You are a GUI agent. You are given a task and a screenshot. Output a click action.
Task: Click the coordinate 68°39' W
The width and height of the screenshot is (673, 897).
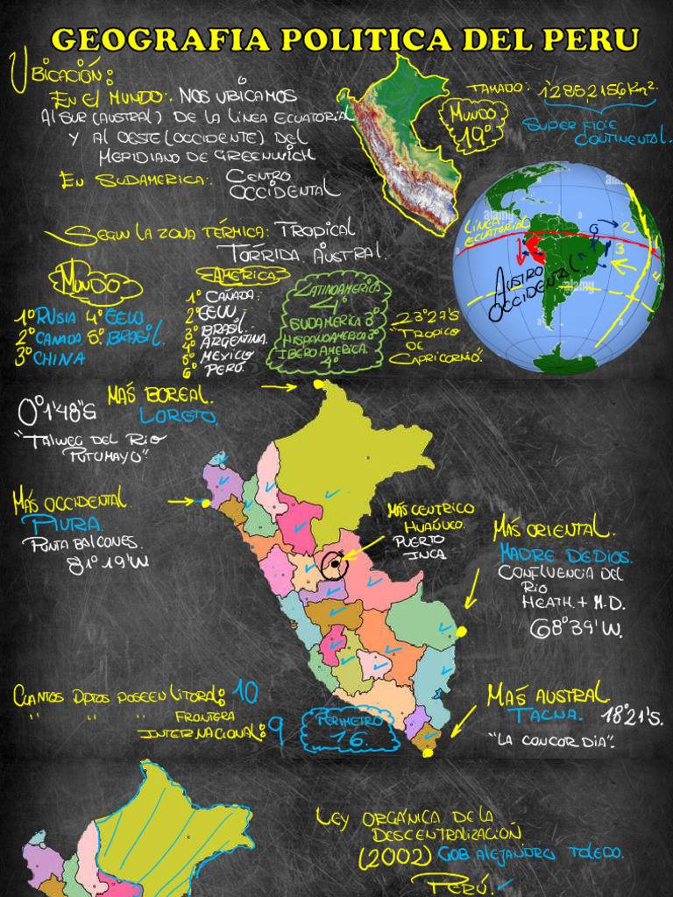(x=575, y=628)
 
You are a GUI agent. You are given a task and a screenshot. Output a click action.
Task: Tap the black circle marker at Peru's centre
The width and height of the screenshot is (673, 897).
(x=334, y=565)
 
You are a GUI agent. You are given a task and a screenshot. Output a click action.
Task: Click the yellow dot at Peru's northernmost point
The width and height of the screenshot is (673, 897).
(x=318, y=384)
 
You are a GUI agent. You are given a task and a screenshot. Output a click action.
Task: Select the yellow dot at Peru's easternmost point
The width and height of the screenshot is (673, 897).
(x=461, y=631)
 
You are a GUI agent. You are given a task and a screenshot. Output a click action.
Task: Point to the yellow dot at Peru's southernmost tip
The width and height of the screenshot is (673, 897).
(x=428, y=752)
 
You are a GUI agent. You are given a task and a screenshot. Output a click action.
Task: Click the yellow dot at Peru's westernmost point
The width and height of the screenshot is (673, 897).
(x=205, y=503)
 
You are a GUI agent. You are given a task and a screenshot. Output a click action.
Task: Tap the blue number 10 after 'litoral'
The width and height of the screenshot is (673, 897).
(x=245, y=693)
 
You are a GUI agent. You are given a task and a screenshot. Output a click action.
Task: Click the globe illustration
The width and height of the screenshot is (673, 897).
(x=558, y=267)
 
